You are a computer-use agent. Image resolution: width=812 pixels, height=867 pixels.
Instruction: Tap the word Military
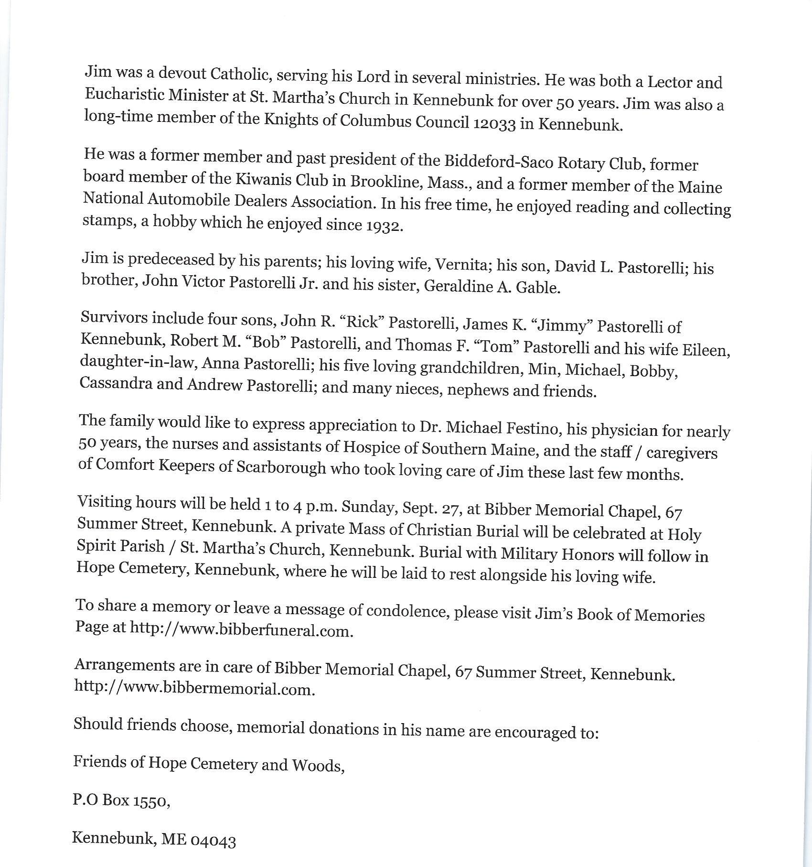click(x=530, y=554)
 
